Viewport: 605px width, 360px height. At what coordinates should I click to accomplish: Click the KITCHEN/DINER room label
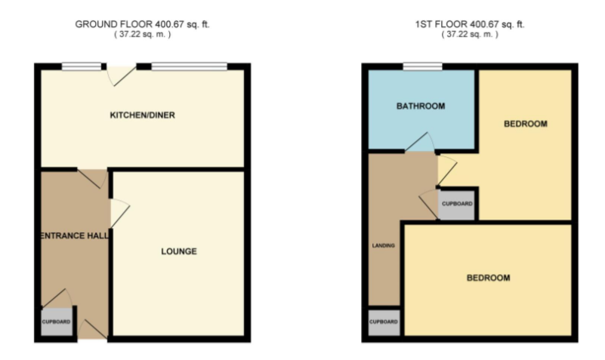(x=143, y=115)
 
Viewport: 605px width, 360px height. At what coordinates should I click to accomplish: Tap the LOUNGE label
(x=178, y=251)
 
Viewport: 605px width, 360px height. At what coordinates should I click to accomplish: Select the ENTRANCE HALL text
(x=73, y=235)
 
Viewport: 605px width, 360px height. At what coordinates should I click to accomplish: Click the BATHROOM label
(x=421, y=106)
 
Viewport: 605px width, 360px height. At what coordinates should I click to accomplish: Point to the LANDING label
(x=383, y=245)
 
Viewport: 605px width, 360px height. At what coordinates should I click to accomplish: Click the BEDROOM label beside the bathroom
(x=525, y=124)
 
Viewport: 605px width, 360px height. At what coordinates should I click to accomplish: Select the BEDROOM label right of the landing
(x=487, y=278)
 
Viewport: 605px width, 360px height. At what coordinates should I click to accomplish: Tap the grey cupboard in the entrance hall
(x=57, y=322)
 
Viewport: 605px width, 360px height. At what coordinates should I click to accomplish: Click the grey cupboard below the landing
(x=383, y=322)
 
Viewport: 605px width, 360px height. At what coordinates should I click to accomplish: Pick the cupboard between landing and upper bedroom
(x=457, y=205)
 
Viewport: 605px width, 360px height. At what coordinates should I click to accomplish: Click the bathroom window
(x=422, y=66)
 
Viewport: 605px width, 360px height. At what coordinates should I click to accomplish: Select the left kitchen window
(x=82, y=66)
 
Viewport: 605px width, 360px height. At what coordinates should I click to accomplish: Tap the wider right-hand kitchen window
(x=189, y=66)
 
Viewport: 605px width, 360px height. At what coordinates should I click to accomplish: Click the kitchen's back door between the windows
(x=121, y=73)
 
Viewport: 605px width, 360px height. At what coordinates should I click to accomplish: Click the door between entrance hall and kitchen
(x=93, y=178)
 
